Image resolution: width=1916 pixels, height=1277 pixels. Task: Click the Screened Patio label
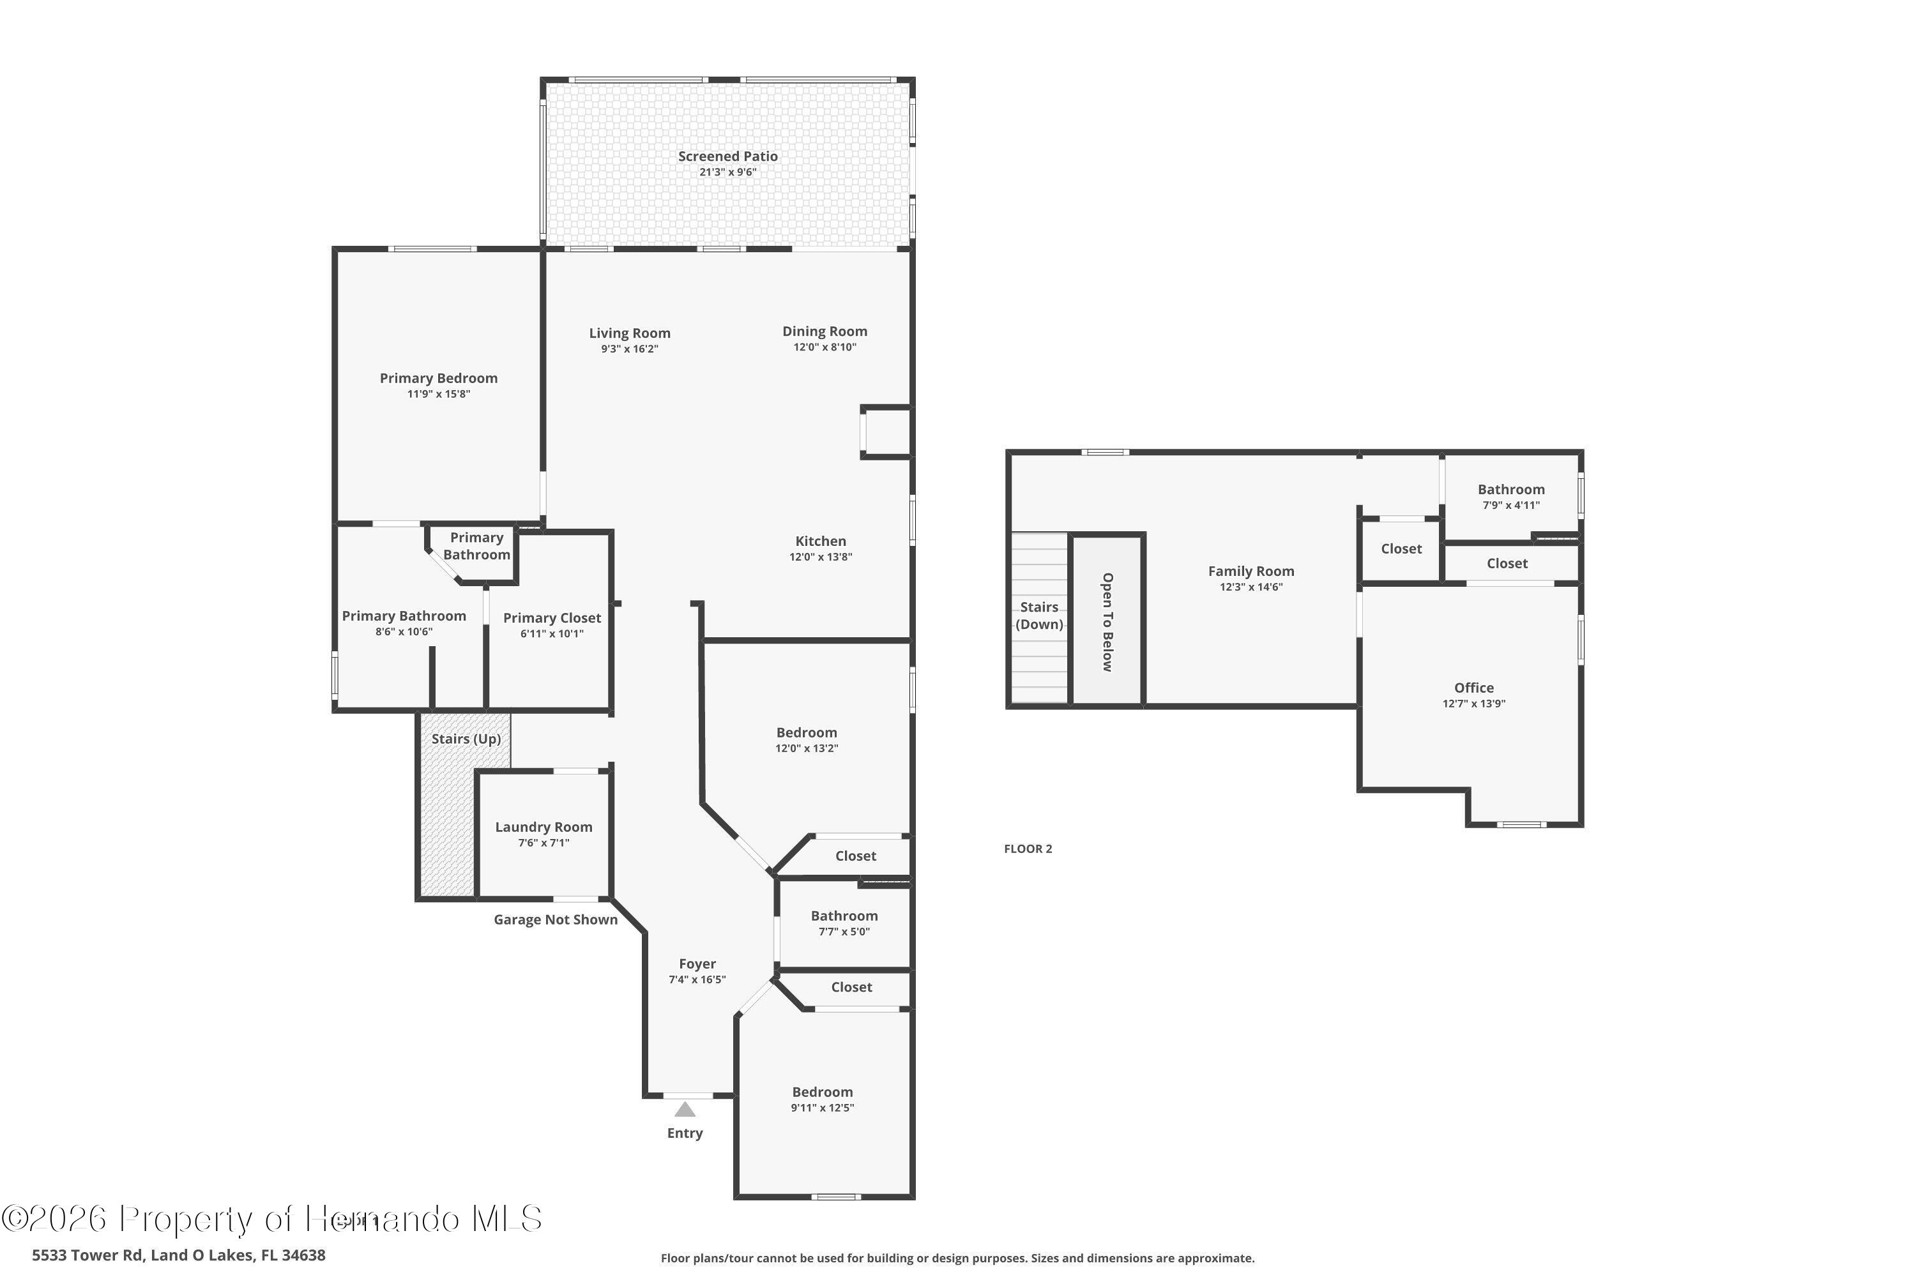(727, 156)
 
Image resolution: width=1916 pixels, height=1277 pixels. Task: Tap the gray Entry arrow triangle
(684, 1109)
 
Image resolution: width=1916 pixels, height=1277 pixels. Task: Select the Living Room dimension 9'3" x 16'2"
(630, 349)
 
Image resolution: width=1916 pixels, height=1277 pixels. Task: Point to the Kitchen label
(820, 541)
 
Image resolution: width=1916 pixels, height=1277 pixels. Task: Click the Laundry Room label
(544, 827)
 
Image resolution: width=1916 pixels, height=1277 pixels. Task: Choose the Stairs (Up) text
(466, 739)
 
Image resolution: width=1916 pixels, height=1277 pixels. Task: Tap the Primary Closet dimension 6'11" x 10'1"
(552, 633)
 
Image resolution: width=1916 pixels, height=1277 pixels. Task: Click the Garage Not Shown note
(556, 919)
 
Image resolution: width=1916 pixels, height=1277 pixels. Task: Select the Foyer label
(697, 963)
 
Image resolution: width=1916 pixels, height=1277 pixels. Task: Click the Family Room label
(1251, 571)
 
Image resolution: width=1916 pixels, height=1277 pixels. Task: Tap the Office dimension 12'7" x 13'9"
(1473, 704)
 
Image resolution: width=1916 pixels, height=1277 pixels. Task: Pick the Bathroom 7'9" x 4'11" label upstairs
(1511, 490)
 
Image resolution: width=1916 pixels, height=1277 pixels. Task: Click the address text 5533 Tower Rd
(178, 1255)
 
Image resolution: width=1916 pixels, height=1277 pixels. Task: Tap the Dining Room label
(825, 331)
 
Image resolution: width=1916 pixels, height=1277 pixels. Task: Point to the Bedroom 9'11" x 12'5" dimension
(822, 1108)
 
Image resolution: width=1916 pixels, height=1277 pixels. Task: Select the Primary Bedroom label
(438, 378)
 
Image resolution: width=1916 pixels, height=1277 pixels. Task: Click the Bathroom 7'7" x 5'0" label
(844, 916)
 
